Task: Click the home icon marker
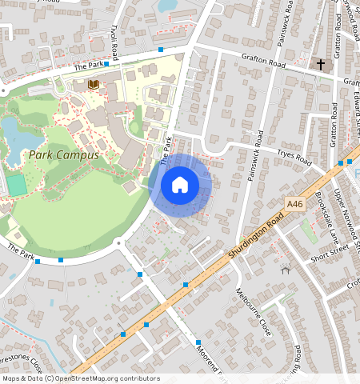(180, 185)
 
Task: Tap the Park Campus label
(64, 154)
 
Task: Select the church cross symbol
(321, 64)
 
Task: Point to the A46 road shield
(295, 205)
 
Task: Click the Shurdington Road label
(258, 233)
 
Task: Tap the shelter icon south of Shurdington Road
(286, 271)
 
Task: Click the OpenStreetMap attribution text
(81, 378)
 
